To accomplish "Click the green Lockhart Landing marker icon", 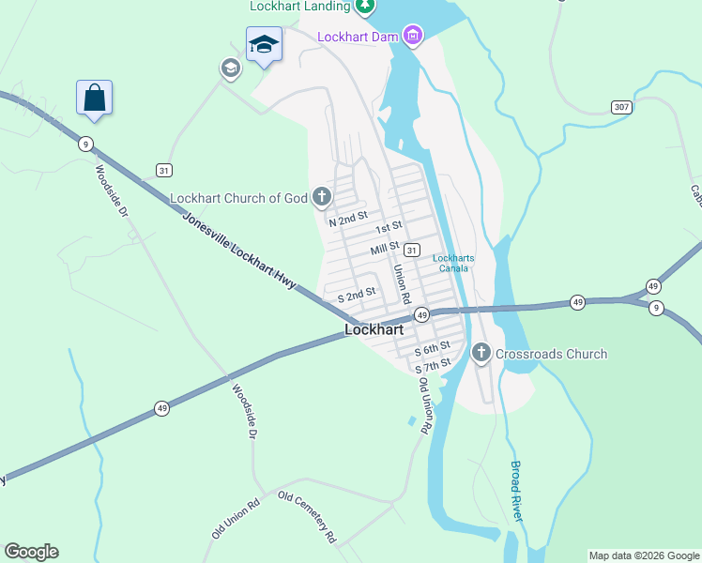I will (365, 6).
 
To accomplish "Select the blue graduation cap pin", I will (264, 44).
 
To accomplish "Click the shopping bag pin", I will (94, 98).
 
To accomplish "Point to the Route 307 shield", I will (620, 107).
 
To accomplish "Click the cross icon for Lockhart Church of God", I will (322, 197).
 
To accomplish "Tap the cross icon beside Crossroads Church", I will (481, 354).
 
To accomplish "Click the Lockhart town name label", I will (374, 329).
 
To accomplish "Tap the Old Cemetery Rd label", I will (306, 517).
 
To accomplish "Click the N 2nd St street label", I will (346, 221).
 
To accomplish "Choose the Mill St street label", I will (385, 249).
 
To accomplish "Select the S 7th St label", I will (433, 362).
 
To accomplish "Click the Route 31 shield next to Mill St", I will (411, 250).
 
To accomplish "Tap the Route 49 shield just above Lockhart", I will (422, 314).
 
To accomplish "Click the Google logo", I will (31, 552).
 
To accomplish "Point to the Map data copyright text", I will (644, 555).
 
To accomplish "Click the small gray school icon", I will (230, 68).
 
